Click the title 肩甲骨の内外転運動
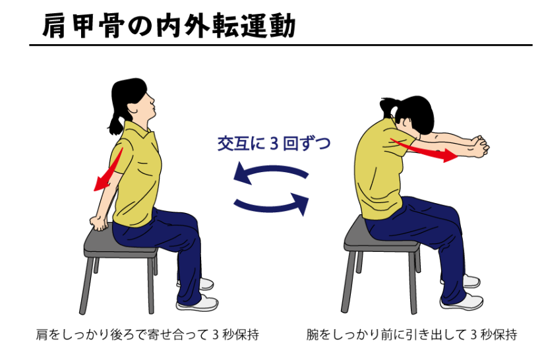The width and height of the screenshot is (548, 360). [169, 26]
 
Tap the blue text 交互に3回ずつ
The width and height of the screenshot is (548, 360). [274, 143]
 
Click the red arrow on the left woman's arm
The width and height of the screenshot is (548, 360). [109, 169]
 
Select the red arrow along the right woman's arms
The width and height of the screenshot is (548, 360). [423, 150]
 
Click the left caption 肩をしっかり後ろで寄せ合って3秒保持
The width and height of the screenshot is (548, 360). [148, 334]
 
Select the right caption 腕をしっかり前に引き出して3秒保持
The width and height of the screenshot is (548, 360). [411, 334]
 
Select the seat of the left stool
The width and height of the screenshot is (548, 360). [121, 242]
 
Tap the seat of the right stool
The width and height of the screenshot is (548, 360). [382, 237]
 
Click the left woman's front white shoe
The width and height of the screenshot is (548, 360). [197, 303]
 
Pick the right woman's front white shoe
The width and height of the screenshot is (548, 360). [462, 301]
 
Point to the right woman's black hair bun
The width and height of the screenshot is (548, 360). [387, 104]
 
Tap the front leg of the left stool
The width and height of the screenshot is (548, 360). [150, 285]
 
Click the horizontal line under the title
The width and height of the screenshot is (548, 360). [281, 45]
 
